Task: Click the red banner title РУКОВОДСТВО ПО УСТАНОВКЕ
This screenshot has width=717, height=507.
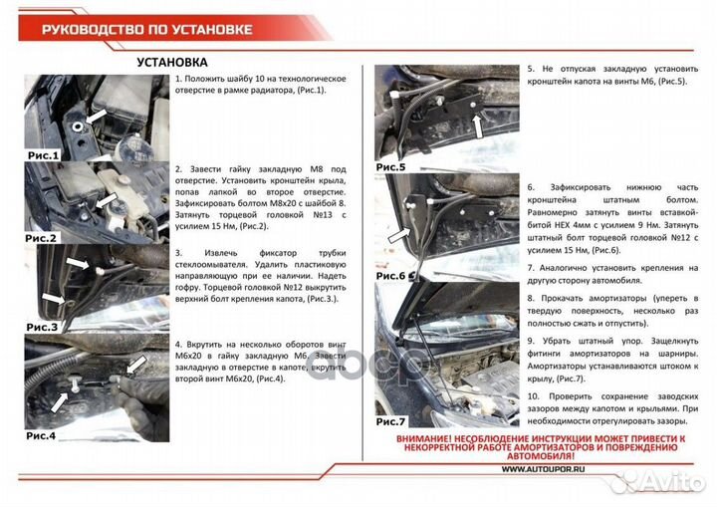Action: (x=146, y=27)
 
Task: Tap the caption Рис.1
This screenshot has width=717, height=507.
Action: (x=43, y=155)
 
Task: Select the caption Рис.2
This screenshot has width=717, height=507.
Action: (x=43, y=238)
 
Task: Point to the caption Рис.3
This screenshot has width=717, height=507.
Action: (x=43, y=327)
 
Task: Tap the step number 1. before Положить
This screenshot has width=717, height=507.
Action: (x=177, y=79)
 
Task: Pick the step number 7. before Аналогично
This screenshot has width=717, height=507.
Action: (x=530, y=269)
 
